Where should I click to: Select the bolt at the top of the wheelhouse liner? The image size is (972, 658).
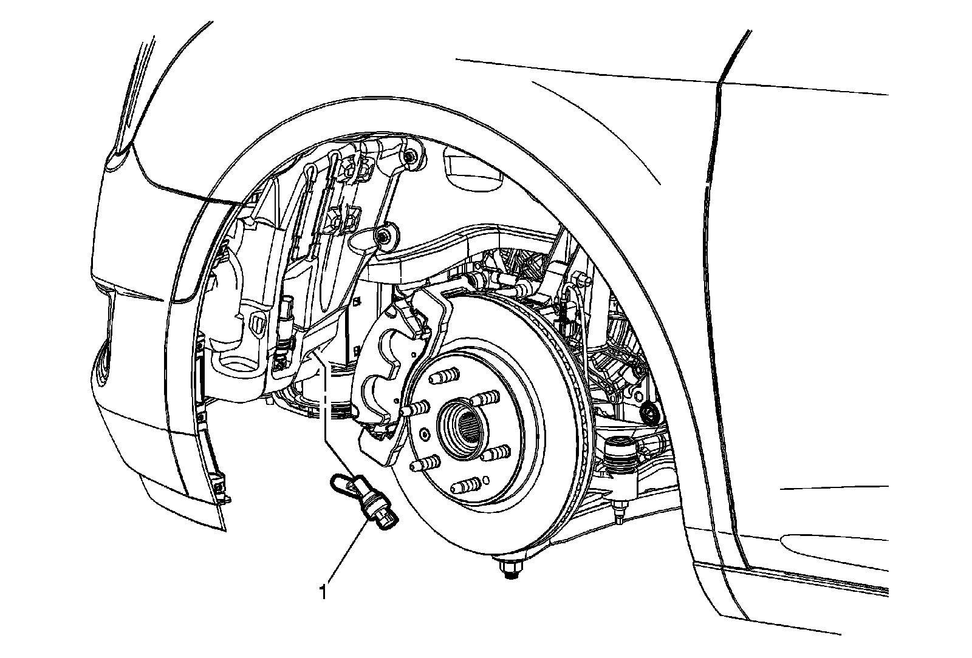pyautogui.click(x=412, y=157)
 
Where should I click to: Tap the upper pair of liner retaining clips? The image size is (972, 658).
pyautogui.click(x=351, y=170)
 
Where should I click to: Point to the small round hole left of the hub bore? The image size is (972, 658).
pyautogui.click(x=423, y=436)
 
